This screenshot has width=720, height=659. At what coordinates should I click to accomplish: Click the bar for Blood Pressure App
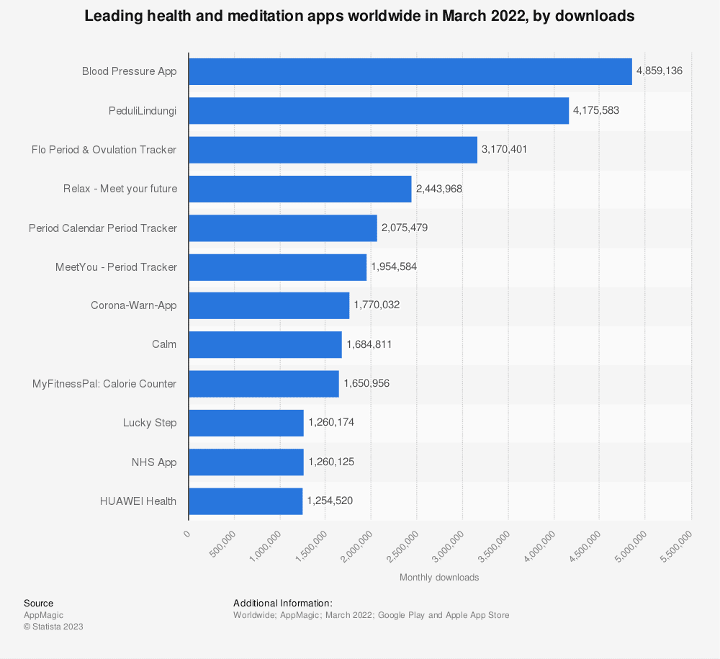410,71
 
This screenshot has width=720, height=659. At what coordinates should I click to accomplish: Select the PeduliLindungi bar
379,111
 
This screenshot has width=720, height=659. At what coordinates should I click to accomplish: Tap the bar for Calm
265,344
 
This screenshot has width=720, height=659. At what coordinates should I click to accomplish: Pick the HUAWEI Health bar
246,501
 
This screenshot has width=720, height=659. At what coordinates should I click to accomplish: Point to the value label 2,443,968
439,189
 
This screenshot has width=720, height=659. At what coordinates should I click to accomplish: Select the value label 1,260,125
330,462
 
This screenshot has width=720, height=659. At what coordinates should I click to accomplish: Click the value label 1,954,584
394,266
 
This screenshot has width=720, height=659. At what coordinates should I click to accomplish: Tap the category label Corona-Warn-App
133,305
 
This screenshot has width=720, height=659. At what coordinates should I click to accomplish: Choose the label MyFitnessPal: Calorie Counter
104,384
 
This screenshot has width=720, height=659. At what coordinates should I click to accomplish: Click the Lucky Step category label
150,423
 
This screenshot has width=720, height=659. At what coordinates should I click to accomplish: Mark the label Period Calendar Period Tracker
103,228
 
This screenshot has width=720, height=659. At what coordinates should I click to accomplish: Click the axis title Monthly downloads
439,578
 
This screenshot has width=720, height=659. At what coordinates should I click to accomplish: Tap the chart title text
359,17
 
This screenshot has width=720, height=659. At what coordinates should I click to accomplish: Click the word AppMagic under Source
43,615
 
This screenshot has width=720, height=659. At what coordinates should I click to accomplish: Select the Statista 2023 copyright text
53,627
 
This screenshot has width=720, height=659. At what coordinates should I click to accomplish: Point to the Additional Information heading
282,603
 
